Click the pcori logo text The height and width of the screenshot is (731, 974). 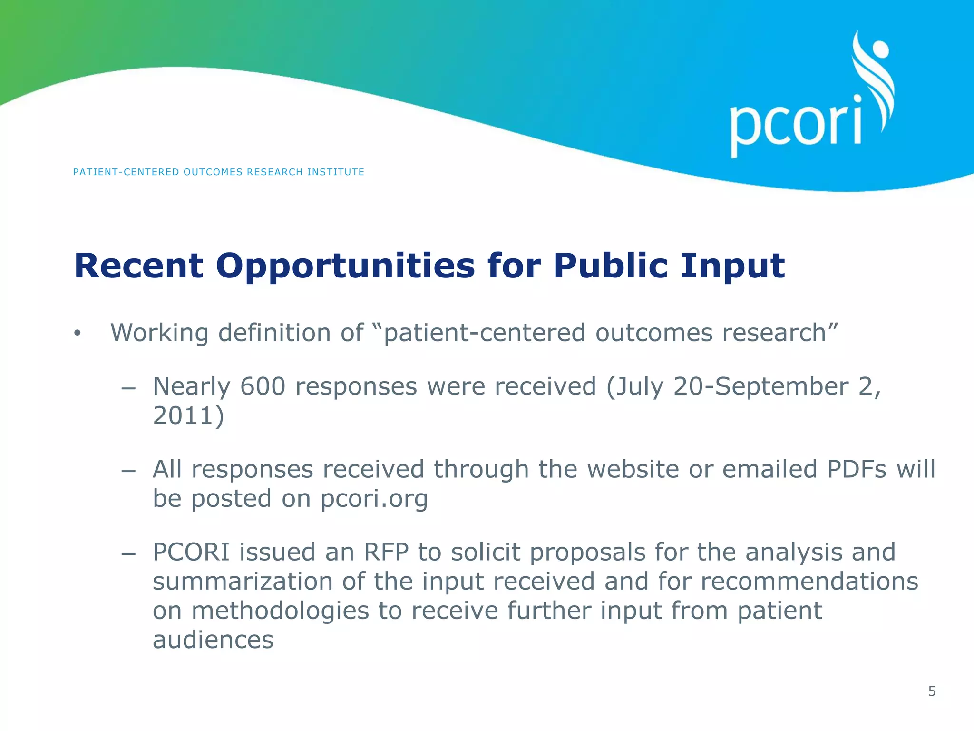pyautogui.click(x=795, y=125)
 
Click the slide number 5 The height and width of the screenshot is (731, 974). pyautogui.click(x=932, y=691)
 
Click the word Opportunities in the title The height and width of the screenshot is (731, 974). pyautogui.click(x=345, y=267)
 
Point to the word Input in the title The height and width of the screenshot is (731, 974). pyautogui.click(x=732, y=267)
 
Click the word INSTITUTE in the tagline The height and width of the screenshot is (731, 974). pyautogui.click(x=335, y=172)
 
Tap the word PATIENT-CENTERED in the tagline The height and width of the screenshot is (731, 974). pyautogui.click(x=126, y=172)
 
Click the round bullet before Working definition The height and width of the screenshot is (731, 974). pyautogui.click(x=78, y=334)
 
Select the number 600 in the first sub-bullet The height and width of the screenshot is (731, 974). pyautogui.click(x=263, y=386)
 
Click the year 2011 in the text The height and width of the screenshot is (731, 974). pyautogui.click(x=183, y=415)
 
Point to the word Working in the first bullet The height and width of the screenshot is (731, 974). pyautogui.click(x=159, y=333)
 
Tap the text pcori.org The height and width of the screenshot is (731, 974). pyautogui.click(x=374, y=499)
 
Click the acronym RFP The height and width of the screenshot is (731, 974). pyautogui.click(x=386, y=552)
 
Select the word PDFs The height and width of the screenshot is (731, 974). pyautogui.click(x=857, y=469)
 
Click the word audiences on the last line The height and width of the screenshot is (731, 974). pyautogui.click(x=213, y=640)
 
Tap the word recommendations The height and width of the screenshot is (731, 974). pyautogui.click(x=809, y=582)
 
